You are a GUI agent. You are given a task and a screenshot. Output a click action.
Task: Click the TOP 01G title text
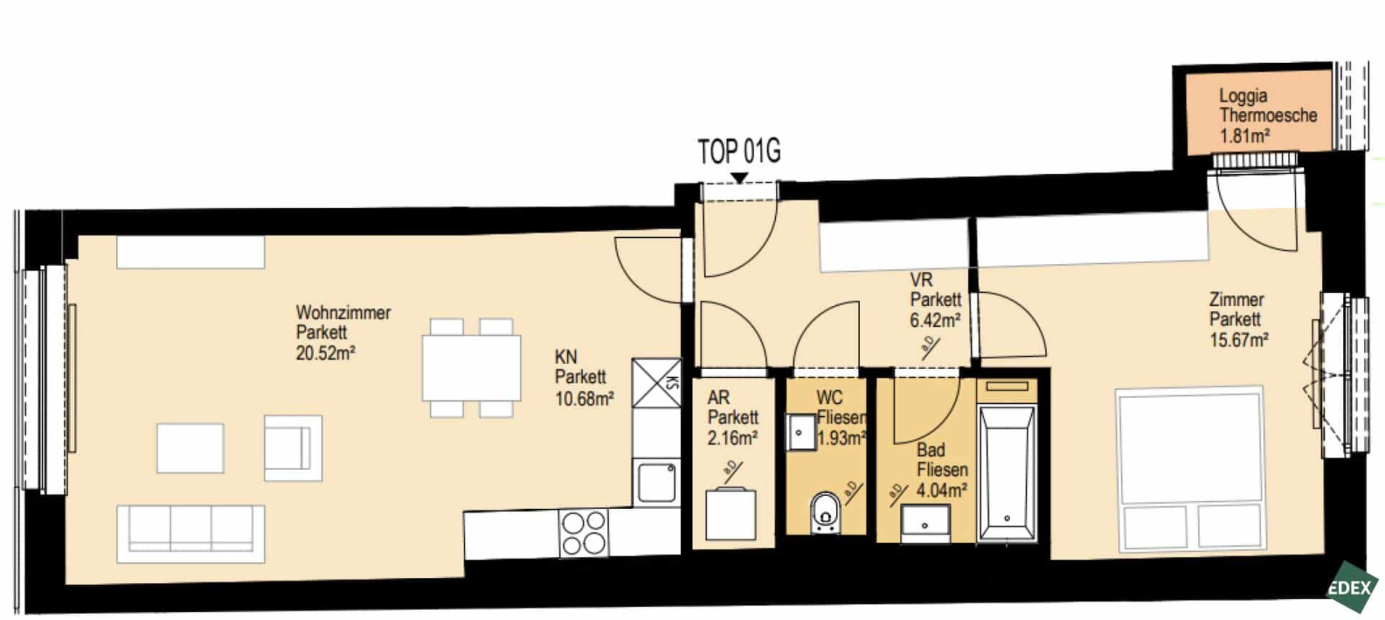tap(739, 151)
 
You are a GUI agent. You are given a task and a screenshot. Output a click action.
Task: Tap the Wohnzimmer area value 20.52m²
tap(325, 353)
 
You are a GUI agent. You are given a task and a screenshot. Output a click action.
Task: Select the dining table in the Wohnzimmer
tap(472, 367)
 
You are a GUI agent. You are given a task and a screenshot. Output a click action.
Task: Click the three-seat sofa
tap(191, 533)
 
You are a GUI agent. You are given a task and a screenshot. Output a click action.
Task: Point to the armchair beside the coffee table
tap(293, 447)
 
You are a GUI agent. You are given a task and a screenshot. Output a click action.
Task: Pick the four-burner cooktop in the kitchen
tap(584, 533)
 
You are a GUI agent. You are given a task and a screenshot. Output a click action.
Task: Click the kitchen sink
tap(656, 482)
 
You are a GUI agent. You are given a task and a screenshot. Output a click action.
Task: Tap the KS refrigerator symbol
tap(656, 383)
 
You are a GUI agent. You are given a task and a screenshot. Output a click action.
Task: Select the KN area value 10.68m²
tap(584, 398)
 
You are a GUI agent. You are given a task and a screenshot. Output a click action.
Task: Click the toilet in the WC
tap(825, 512)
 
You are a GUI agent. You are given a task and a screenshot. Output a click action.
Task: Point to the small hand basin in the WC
tap(800, 432)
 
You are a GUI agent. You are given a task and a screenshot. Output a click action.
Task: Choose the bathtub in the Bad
tap(1007, 473)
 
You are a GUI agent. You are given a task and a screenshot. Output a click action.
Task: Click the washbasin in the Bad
tap(925, 523)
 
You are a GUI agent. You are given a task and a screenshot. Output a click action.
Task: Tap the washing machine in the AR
tap(731, 514)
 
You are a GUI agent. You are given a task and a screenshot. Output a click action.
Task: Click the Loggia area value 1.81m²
tap(1245, 135)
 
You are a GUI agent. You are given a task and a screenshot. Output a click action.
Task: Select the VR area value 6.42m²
tap(935, 320)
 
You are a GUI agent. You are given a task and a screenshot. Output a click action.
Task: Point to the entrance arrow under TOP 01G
tap(739, 178)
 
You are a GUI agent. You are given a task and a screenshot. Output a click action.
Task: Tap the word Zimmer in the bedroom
tap(1236, 299)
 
